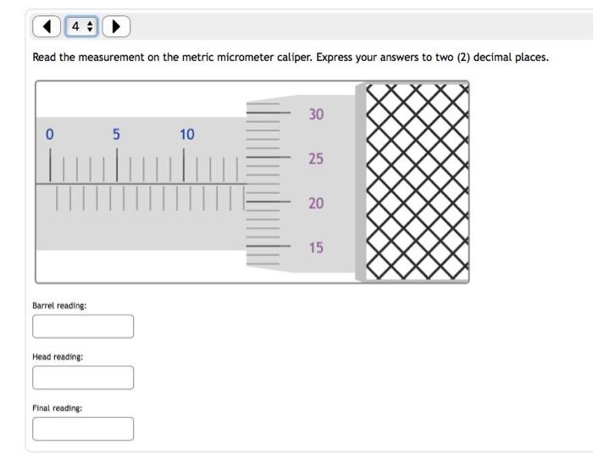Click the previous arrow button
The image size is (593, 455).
tap(47, 26)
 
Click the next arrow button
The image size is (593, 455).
tap(116, 26)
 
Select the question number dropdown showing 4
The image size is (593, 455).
tap(81, 26)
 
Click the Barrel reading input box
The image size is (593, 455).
tap(83, 326)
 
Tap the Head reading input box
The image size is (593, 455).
tap(83, 377)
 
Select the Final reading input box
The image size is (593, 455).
tap(83, 429)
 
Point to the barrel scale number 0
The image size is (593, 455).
tap(49, 134)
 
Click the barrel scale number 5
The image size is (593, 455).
tap(117, 134)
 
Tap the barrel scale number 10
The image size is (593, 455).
tap(187, 134)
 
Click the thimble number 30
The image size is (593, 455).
tap(316, 114)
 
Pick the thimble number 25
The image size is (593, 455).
tap(316, 158)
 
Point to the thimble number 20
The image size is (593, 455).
tap(316, 203)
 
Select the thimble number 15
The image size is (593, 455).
tap(316, 247)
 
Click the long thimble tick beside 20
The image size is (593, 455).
tap(269, 202)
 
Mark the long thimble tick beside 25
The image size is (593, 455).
tap(269, 157)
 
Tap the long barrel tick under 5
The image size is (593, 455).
tap(117, 165)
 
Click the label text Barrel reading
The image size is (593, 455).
tap(59, 306)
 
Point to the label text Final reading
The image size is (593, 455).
tap(57, 408)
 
